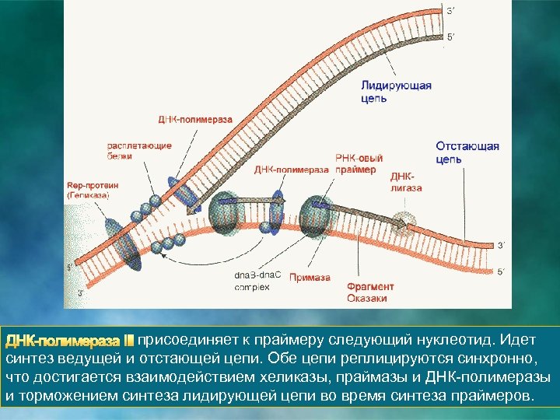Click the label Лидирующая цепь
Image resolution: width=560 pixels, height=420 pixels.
(x=396, y=92)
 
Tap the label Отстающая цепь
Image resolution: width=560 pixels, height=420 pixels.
(x=467, y=152)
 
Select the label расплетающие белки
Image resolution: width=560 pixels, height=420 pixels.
(x=131, y=150)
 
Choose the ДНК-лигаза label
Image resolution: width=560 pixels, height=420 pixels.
(x=406, y=182)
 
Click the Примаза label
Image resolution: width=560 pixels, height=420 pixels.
(x=310, y=278)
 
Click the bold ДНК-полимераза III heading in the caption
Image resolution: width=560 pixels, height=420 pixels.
(x=70, y=341)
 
